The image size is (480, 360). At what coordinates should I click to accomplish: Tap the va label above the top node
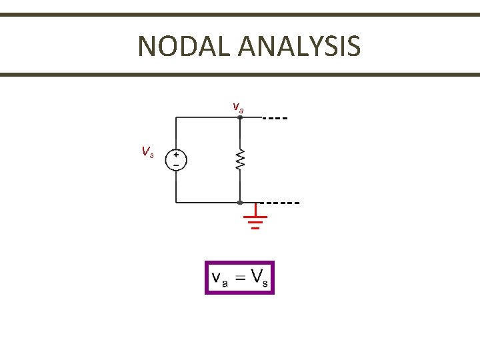[238, 107]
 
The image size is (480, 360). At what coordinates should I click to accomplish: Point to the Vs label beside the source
[147, 152]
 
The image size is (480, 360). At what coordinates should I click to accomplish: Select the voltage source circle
[176, 160]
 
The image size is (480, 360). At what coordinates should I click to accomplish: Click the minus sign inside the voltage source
[176, 165]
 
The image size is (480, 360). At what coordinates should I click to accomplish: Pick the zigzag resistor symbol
[240, 159]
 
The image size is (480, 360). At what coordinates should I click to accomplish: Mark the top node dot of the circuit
[240, 117]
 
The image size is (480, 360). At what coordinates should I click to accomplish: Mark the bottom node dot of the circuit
[240, 201]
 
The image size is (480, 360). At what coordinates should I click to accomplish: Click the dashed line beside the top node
[275, 117]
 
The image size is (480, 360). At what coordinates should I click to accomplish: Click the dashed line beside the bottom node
[280, 201]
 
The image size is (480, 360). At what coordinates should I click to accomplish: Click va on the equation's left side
[219, 279]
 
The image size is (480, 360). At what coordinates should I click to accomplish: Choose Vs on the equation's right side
[261, 278]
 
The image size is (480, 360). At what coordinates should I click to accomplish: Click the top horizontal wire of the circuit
[207, 117]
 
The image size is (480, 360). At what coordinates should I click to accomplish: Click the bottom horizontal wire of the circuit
[207, 201]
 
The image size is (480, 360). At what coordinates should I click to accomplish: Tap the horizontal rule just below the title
[240, 75]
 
